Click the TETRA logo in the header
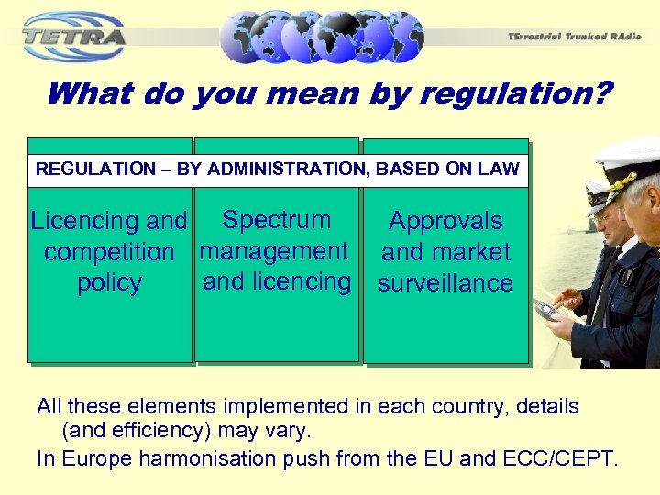pyautogui.click(x=73, y=37)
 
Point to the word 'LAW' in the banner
pyautogui.click(x=501, y=169)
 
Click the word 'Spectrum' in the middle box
pyautogui.click(x=277, y=220)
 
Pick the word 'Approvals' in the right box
pyautogui.click(x=445, y=221)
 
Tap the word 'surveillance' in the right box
pyautogui.click(x=445, y=283)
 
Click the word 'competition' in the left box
pyautogui.click(x=109, y=252)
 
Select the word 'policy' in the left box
pyautogui.click(x=109, y=283)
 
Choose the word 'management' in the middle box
pyautogui.click(x=274, y=251)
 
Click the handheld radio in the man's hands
pyautogui.click(x=546, y=310)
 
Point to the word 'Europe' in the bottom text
pyautogui.click(x=96, y=458)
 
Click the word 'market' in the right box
pyautogui.click(x=471, y=252)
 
